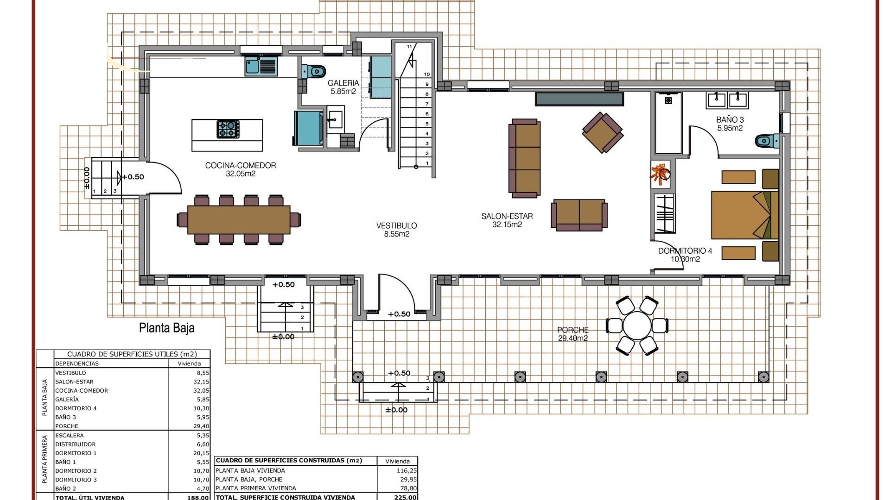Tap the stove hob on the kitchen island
[228, 129]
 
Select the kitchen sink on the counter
[253, 66]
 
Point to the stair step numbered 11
[409, 47]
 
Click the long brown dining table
[239, 219]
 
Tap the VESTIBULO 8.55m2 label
[396, 230]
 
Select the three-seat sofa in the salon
[525, 158]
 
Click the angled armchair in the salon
[602, 132]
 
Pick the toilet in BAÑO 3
[767, 141]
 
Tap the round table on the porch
[637, 326]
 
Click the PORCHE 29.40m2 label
[573, 334]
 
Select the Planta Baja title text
[167, 328]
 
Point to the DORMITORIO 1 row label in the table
[76, 453]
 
